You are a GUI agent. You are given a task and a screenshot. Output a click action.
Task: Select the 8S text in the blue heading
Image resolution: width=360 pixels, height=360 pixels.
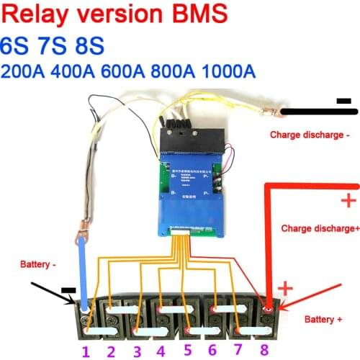[89, 45]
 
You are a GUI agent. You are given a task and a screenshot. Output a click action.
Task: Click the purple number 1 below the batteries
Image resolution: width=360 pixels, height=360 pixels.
[85, 351]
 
